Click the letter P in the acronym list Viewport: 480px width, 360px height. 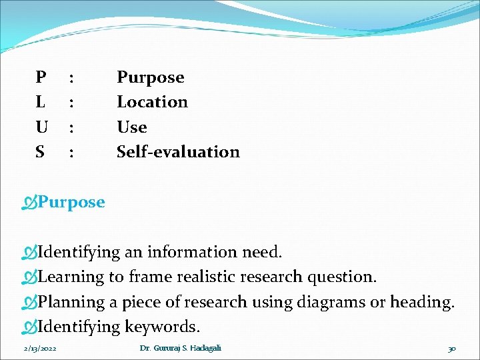41,77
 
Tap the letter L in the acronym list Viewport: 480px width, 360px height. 41,102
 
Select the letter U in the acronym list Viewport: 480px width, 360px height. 41,127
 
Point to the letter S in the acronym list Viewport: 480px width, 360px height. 40,152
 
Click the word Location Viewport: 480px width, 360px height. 152,102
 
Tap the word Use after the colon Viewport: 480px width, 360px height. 131,127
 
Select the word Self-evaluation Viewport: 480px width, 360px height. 178,152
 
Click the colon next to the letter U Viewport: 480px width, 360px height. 71,127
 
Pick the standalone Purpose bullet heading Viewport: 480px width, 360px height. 71,202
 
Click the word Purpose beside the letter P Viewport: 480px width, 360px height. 150,78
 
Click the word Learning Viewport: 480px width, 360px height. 71,277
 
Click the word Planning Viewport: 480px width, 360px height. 71,302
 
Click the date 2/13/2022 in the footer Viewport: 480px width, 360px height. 40,349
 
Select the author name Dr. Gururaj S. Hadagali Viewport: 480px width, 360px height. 180,349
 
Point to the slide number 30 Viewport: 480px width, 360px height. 452,349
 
